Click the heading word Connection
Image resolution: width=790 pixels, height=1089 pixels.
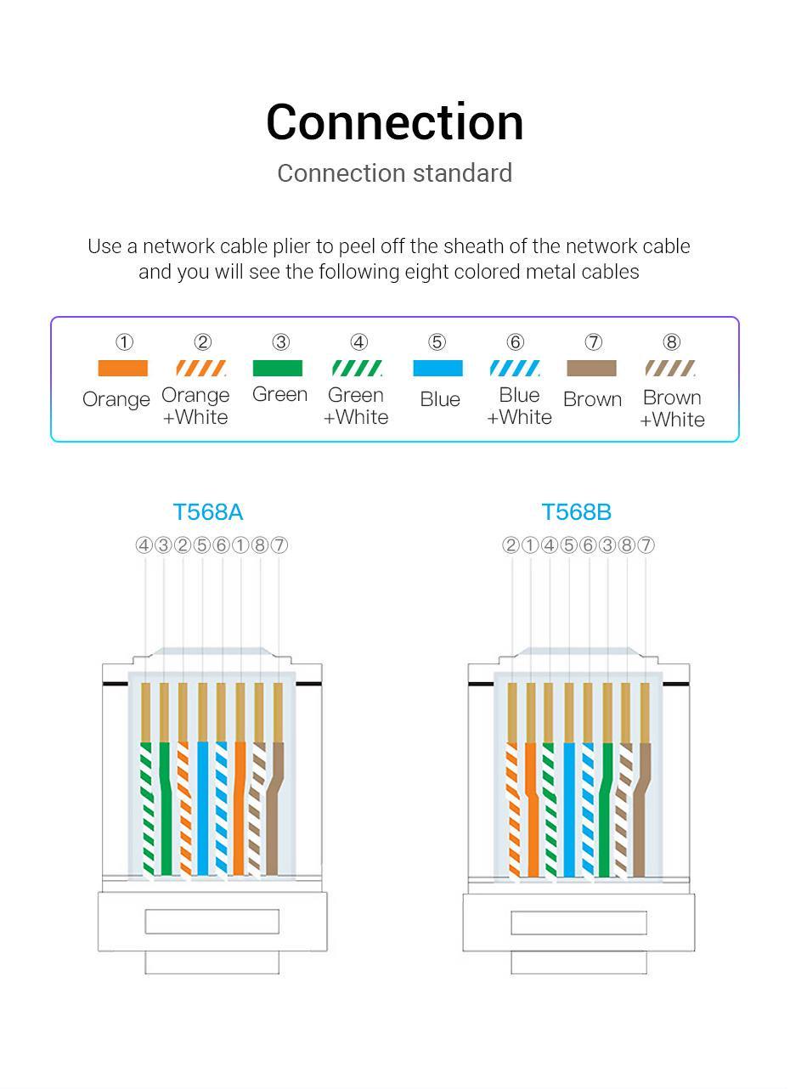394,122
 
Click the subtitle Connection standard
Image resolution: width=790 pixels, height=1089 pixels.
394,173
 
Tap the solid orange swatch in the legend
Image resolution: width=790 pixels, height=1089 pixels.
122,369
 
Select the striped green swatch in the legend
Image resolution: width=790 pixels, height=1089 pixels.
357,369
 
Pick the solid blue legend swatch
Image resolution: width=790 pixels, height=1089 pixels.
437,369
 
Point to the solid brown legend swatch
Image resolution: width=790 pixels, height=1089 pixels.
591,369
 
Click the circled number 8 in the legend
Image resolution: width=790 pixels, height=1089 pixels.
671,342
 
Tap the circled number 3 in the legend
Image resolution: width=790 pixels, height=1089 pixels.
280,342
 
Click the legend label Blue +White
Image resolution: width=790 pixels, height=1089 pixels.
519,406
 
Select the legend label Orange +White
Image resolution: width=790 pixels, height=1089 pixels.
195,406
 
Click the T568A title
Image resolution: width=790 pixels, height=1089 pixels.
208,512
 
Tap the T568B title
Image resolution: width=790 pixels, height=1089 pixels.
577,512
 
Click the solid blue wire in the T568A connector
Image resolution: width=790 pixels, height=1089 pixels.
202,807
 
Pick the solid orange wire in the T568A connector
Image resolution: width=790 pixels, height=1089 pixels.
240,807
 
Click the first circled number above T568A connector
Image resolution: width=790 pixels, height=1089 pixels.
144,545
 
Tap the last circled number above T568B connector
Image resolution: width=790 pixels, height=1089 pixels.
646,545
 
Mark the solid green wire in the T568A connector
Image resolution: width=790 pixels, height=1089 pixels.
164,807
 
